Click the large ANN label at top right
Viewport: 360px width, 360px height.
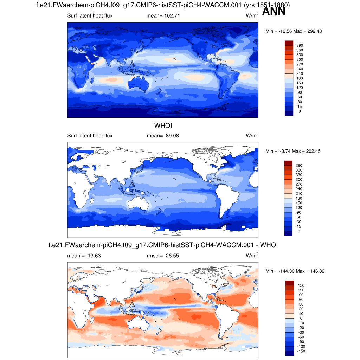point(274,12)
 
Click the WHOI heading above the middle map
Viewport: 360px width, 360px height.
point(163,126)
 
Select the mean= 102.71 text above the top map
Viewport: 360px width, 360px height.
point(163,16)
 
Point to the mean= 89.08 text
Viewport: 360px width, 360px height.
point(163,136)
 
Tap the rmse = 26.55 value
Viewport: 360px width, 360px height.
point(163,256)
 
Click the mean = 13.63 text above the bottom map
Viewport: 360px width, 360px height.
point(84,256)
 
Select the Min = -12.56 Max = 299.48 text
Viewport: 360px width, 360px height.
point(294,31)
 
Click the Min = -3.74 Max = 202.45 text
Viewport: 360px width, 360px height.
point(293,151)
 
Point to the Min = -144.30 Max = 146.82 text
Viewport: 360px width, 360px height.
point(294,271)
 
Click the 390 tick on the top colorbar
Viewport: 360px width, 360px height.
point(300,45)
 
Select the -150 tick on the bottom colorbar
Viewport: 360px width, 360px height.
point(301,351)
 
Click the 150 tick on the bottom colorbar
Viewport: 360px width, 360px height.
point(301,285)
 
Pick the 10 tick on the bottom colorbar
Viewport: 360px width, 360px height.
point(301,314)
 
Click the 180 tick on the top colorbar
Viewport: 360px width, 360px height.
point(300,78)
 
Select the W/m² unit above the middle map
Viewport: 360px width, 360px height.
point(252,135)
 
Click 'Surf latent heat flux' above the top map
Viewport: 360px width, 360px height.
point(90,16)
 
